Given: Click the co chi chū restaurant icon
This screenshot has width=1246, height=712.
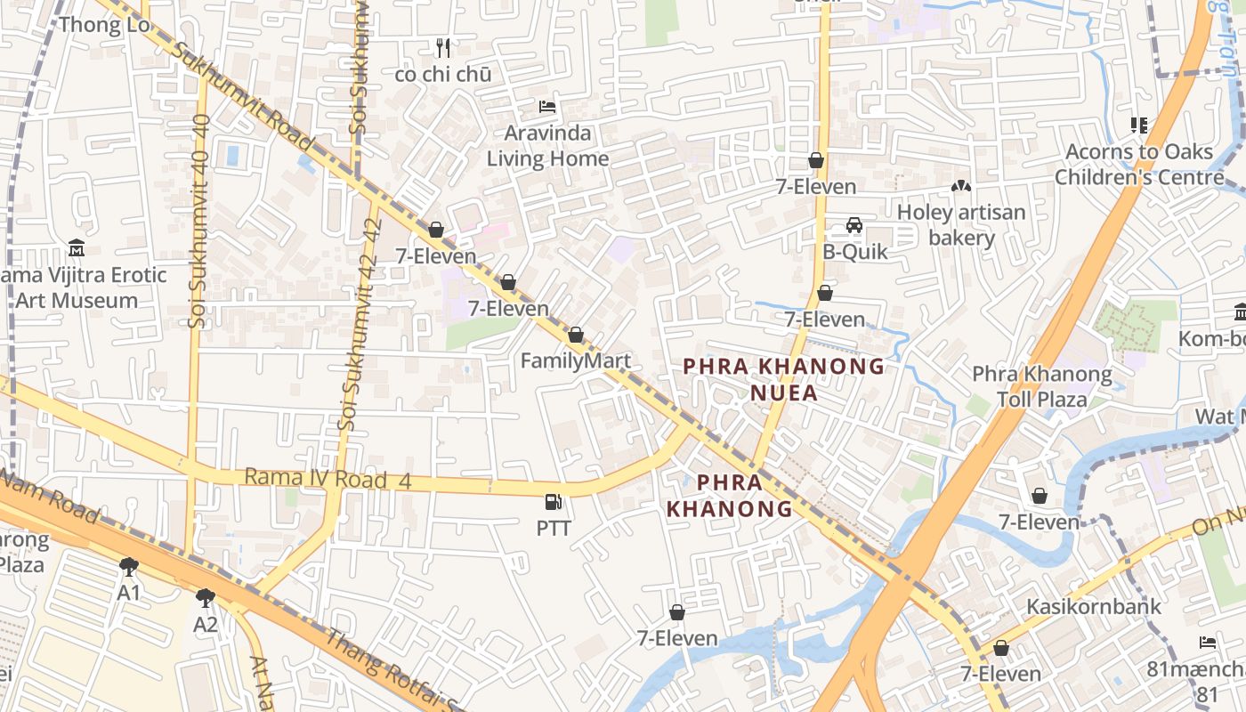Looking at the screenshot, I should [x=443, y=47].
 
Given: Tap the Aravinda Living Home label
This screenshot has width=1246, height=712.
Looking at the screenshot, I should [x=547, y=146].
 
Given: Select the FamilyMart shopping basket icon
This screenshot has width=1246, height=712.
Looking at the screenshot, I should [x=576, y=336].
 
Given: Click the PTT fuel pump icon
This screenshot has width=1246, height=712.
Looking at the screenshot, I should [x=553, y=503].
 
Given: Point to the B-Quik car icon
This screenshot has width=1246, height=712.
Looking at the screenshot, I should [x=854, y=225].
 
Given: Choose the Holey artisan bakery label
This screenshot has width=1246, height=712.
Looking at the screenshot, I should [x=961, y=225].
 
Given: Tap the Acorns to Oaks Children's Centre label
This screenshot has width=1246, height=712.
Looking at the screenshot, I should [x=1139, y=165].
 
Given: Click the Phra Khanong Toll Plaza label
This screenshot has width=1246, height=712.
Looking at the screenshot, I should [x=1042, y=386].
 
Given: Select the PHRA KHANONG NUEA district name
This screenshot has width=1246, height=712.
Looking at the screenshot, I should [x=783, y=379].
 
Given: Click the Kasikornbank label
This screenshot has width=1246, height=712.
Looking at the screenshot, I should [x=1094, y=607].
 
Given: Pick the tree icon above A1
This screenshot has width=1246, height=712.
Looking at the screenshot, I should [x=129, y=566].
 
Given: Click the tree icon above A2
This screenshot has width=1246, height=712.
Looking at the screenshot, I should [x=206, y=597].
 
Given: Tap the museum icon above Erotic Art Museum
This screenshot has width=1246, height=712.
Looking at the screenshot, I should [x=77, y=247].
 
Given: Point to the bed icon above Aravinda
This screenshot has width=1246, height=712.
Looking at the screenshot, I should [x=547, y=108].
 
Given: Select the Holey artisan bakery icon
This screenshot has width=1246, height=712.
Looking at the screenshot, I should [x=961, y=187].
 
